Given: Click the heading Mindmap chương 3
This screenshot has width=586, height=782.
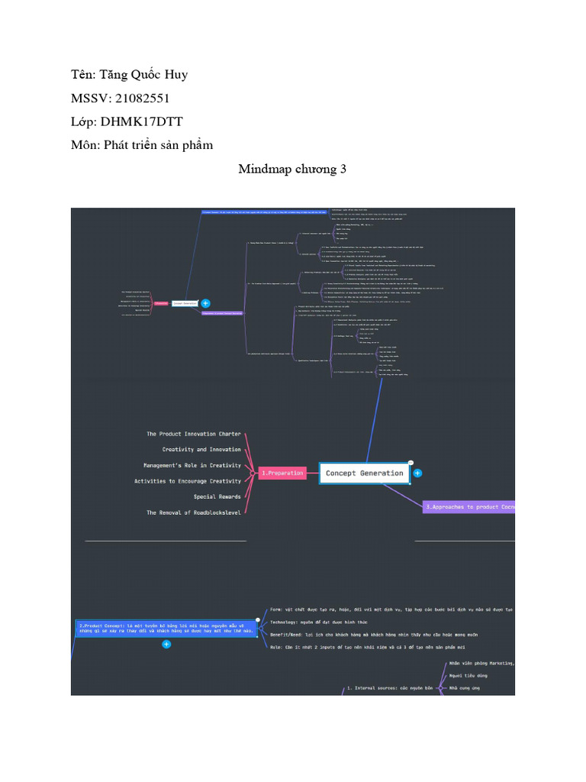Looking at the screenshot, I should (x=292, y=169).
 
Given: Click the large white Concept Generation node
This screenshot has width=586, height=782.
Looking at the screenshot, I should (x=364, y=473).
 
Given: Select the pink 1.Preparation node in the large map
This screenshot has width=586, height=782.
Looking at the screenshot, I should (x=282, y=473).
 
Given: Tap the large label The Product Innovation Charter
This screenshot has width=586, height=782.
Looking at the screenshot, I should (x=194, y=434).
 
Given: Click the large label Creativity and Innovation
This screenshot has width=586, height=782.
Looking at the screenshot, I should (x=202, y=450).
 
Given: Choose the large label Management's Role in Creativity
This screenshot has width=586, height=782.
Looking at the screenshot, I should (x=192, y=465).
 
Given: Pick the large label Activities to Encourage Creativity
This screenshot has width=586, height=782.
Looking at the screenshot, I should (x=188, y=481).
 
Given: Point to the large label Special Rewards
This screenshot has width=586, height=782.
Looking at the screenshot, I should (x=217, y=497).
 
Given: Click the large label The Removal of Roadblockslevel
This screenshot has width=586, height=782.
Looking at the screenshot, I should (x=194, y=512).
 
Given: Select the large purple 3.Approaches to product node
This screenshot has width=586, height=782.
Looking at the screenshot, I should (x=468, y=507).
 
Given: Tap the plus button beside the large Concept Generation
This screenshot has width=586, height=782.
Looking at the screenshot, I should (x=417, y=473).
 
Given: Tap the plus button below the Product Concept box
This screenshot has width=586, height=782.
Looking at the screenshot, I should (x=166, y=645).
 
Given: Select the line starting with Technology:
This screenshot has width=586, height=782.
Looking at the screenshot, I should (x=330, y=622).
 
